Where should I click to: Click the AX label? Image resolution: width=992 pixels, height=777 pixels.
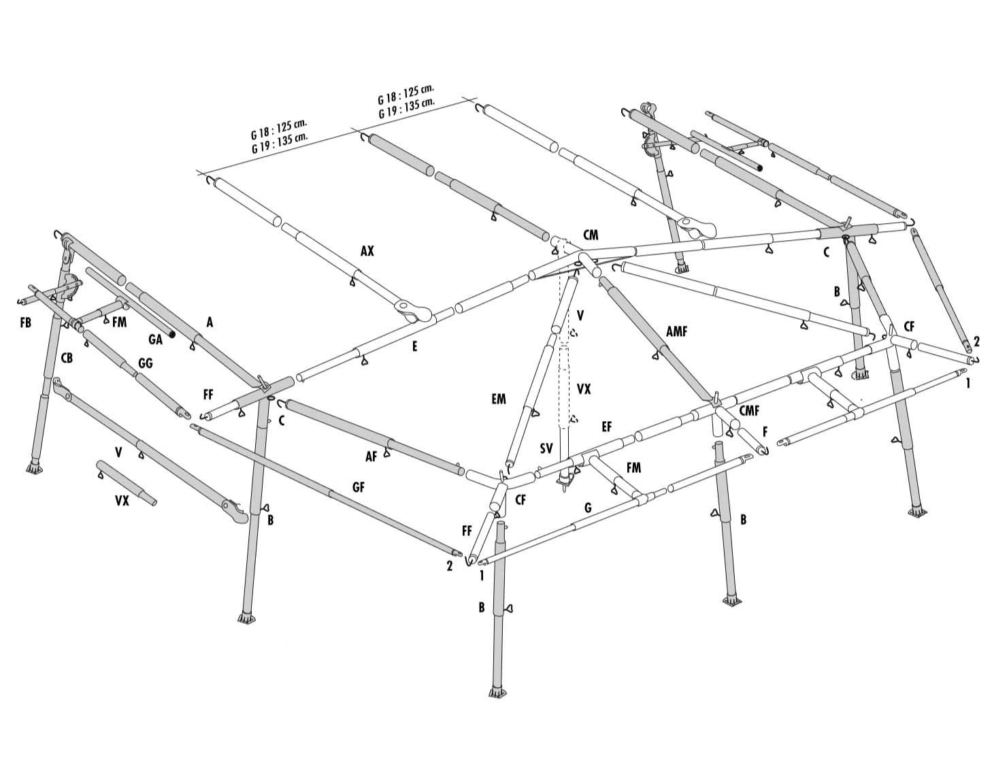click(x=367, y=250)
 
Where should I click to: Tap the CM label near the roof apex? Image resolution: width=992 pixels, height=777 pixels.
click(x=591, y=235)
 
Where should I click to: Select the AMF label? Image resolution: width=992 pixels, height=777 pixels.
click(x=676, y=331)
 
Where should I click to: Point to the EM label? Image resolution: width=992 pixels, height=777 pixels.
click(x=499, y=399)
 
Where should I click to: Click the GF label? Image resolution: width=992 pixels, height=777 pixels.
click(x=359, y=487)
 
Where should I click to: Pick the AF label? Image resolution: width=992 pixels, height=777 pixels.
click(x=371, y=456)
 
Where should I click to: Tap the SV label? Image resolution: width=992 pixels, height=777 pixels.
click(x=546, y=449)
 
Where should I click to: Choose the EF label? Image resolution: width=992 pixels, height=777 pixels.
click(x=607, y=427)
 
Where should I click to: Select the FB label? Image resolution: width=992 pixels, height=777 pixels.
click(x=26, y=323)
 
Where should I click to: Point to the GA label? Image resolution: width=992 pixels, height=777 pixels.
click(x=156, y=340)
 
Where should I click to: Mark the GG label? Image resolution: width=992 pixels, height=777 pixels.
click(x=146, y=363)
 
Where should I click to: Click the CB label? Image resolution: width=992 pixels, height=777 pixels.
click(x=67, y=358)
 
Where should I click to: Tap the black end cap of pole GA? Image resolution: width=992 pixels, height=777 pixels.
click(x=172, y=335)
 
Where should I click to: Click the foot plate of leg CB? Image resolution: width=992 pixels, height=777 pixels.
click(x=33, y=469)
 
